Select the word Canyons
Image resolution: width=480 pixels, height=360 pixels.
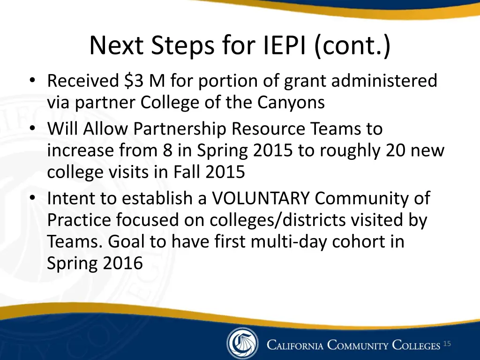[291, 103]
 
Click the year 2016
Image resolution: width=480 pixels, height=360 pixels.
[122, 263]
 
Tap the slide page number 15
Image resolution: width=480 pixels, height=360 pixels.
[447, 345]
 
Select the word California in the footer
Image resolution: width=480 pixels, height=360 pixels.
[295, 346]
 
